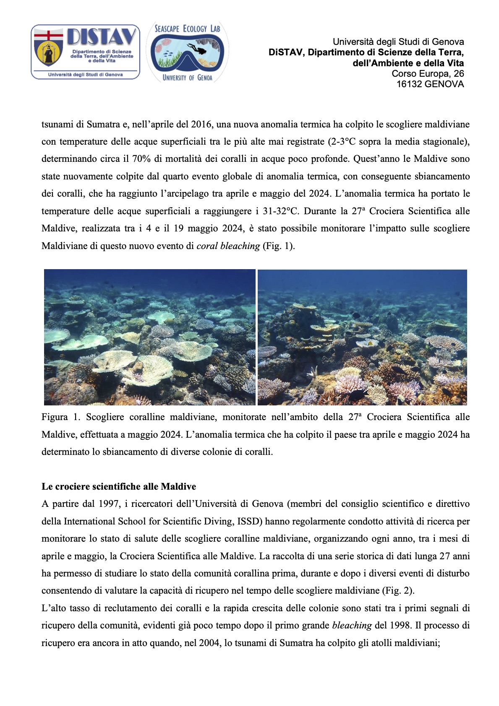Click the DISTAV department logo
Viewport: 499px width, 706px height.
pos(86,52)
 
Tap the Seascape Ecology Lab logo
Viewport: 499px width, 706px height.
pos(187,52)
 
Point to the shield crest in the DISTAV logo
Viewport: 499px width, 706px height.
pos(48,47)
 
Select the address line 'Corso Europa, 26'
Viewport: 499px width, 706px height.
pos(428,74)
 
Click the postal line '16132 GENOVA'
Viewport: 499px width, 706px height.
pos(430,84)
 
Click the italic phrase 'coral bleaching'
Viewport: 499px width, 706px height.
pos(228,246)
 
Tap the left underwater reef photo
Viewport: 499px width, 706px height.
pos(150,337)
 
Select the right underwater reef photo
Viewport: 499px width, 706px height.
pos(362,337)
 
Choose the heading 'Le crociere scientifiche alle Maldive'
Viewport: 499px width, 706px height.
pos(119,487)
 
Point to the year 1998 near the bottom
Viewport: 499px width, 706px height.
pos(399,626)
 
